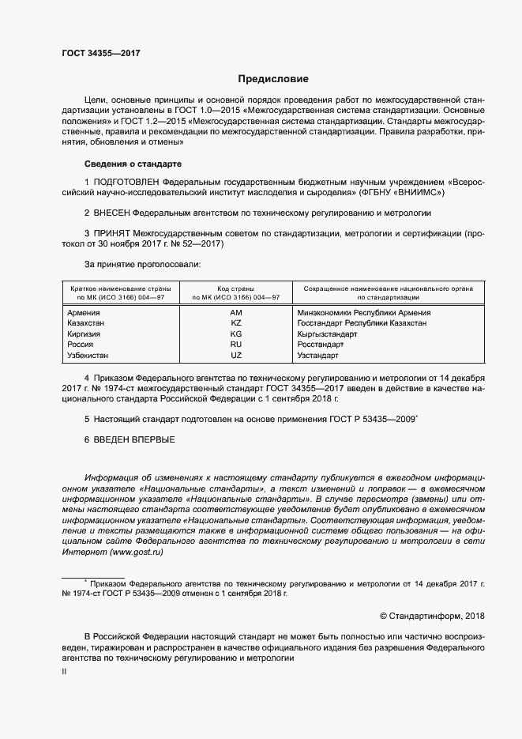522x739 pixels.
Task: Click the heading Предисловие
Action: click(273, 79)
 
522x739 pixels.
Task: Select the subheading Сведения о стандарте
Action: click(133, 164)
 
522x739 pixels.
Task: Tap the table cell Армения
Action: click(84, 313)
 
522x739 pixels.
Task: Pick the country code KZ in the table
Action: click(235, 323)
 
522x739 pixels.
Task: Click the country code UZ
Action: click(235, 356)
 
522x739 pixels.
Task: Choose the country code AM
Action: click(235, 313)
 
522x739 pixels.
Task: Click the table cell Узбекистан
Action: click(91, 356)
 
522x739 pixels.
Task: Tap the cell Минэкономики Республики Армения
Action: click(363, 313)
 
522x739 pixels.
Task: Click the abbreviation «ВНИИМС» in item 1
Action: click(424, 192)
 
